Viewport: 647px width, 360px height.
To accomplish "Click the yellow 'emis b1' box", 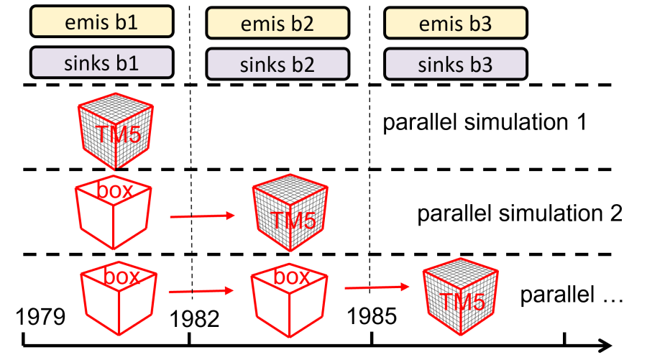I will [x=101, y=22].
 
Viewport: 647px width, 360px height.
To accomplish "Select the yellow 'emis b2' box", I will [x=277, y=23].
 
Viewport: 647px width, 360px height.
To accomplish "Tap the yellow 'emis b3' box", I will [x=455, y=23].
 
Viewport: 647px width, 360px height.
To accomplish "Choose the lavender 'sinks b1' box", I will [x=101, y=63].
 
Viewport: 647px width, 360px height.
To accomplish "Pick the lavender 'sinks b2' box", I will [x=277, y=64].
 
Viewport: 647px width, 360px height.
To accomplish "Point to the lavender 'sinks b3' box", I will [x=455, y=64].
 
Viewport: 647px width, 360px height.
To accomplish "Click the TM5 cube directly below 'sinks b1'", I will [x=115, y=131].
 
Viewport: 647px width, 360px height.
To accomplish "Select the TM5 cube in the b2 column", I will [x=288, y=213].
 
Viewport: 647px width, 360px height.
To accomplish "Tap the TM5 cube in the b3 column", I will [x=459, y=297].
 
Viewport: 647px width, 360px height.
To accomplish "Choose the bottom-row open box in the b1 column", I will [x=119, y=298].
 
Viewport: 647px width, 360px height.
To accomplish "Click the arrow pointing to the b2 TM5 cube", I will [x=203, y=216].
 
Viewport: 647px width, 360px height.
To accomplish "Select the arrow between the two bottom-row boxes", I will [x=201, y=291].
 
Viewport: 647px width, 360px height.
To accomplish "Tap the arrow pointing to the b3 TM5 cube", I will [x=377, y=287].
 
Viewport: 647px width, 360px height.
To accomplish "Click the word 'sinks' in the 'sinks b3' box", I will [x=440, y=65].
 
